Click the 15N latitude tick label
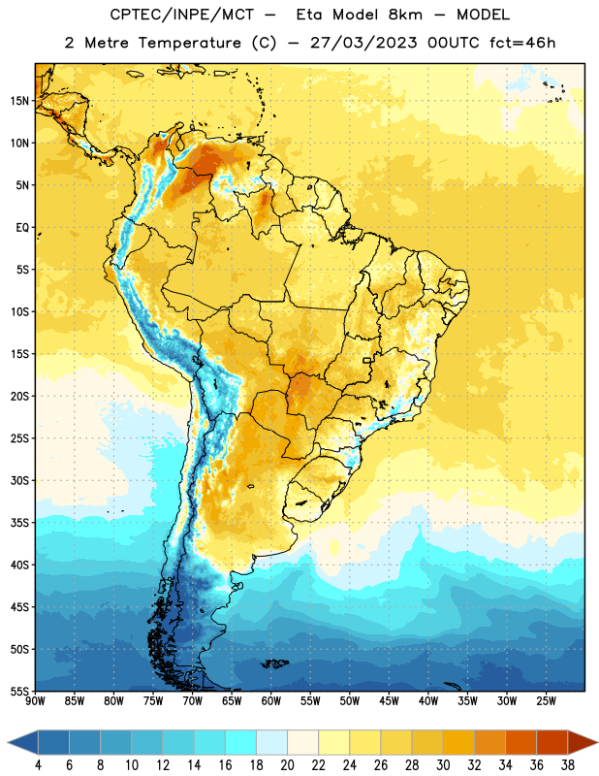click(x=19, y=101)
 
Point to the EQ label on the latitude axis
click(x=22, y=228)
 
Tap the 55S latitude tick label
click(x=19, y=691)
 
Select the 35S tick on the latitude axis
click(x=19, y=523)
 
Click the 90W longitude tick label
click(x=35, y=700)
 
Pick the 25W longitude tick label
click(x=546, y=700)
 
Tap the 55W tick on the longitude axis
click(x=310, y=700)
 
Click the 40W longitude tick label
click(x=428, y=700)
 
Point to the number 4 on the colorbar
click(x=38, y=765)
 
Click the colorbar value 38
click(x=567, y=765)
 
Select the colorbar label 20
click(x=287, y=765)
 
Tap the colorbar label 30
click(x=443, y=765)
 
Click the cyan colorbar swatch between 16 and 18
click(x=240, y=743)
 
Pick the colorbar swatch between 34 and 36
click(x=520, y=743)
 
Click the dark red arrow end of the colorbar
click(x=583, y=743)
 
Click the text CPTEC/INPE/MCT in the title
click(x=181, y=15)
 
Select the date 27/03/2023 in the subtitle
click(x=363, y=43)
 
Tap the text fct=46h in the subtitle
click(x=522, y=43)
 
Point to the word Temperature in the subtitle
click(x=189, y=43)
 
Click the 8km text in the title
click(x=405, y=15)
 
